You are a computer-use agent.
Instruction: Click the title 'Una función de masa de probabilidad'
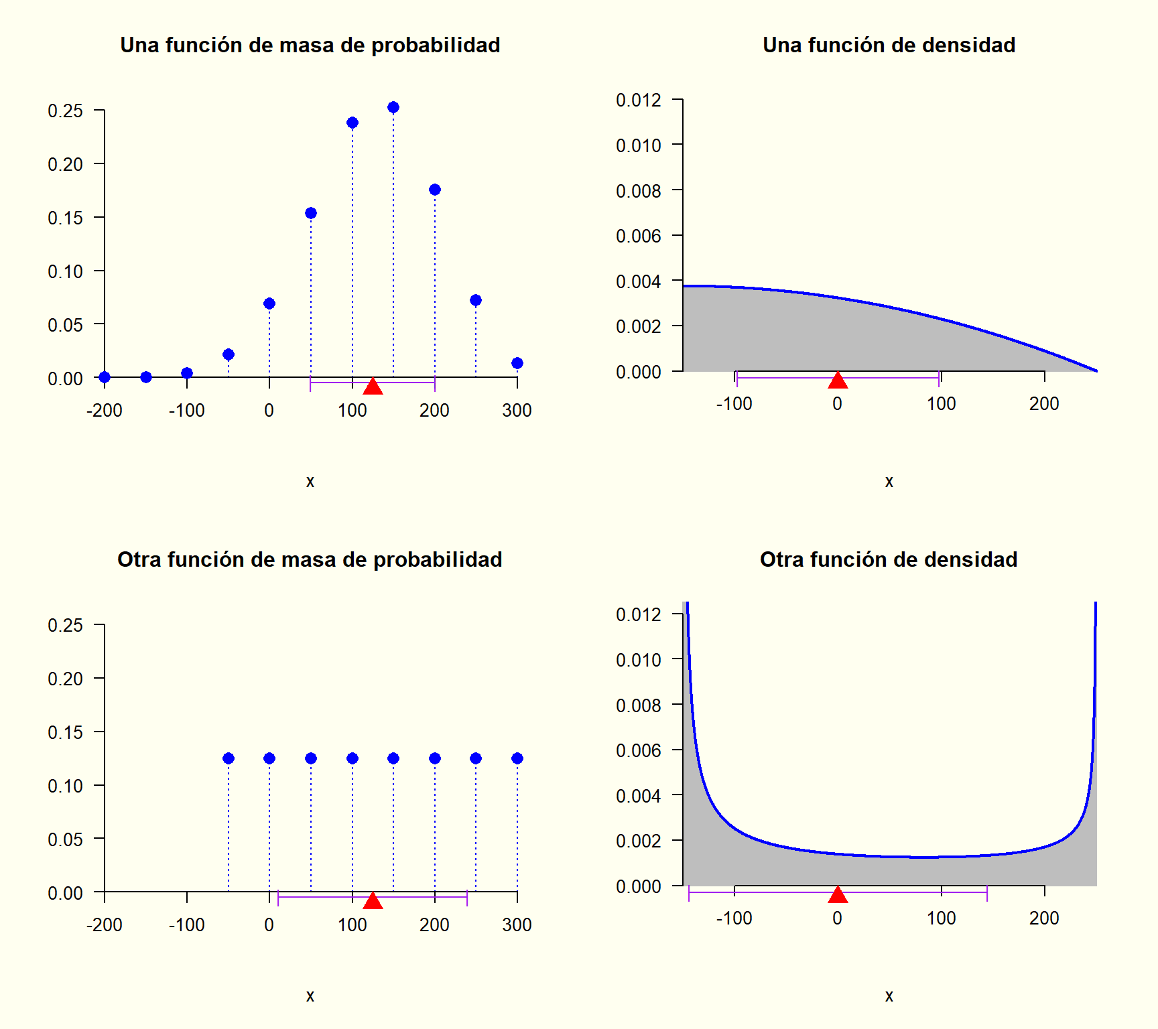tap(310, 45)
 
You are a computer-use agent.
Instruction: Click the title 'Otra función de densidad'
tap(889, 559)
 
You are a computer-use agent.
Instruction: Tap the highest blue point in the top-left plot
tap(393, 107)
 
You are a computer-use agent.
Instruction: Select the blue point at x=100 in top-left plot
tap(352, 123)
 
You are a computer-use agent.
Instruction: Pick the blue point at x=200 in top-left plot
tap(435, 190)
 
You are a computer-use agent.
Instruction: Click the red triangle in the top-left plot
tap(373, 387)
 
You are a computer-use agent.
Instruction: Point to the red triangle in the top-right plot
tap(838, 381)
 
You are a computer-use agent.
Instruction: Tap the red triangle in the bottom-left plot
tap(373, 901)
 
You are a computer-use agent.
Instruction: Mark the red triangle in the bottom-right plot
tap(838, 895)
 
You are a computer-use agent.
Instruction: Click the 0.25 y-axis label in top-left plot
tap(65, 111)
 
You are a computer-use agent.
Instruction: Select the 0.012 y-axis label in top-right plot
tap(638, 100)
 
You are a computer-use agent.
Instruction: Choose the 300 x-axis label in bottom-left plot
tap(517, 925)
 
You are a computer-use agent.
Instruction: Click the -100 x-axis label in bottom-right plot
tap(734, 918)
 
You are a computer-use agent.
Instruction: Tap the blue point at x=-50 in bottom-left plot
tap(229, 758)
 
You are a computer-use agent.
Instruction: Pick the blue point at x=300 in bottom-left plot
tap(517, 758)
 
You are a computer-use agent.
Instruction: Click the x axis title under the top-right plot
tap(889, 482)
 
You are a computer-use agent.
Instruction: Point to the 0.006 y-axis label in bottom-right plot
tap(638, 751)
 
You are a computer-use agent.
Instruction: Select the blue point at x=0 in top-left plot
tap(269, 303)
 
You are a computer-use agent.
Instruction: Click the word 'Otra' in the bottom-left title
tap(139, 559)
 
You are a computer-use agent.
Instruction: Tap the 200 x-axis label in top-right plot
tap(1044, 404)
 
